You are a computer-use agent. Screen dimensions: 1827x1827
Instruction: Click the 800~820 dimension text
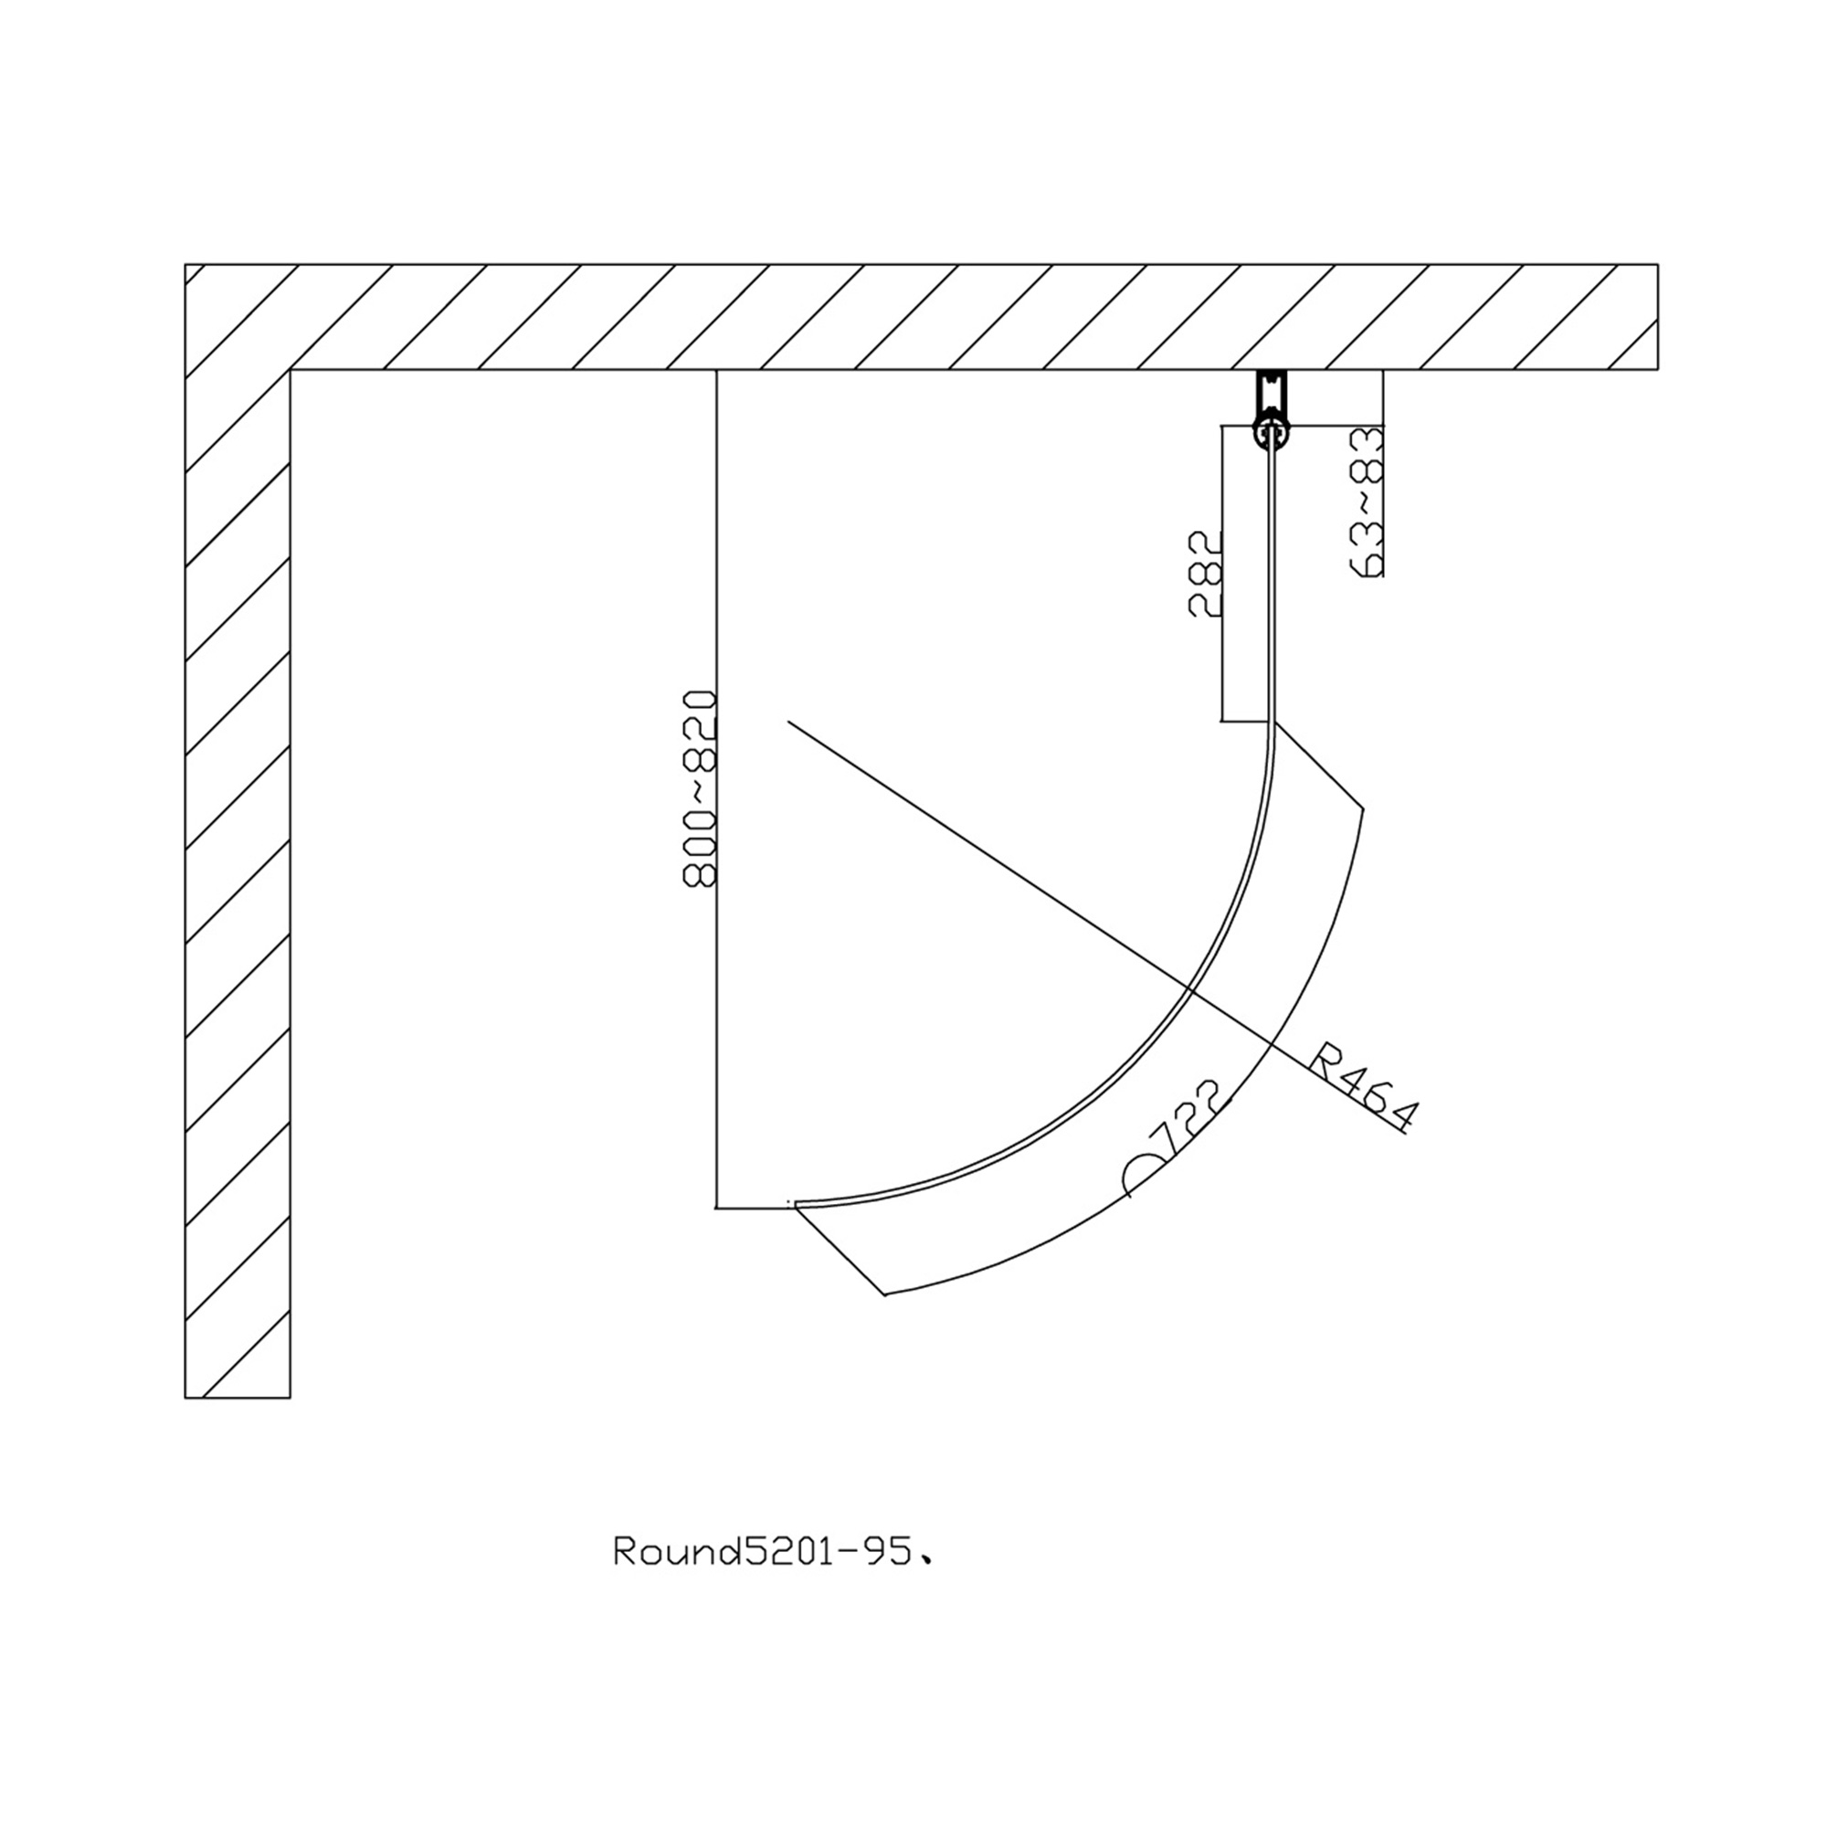pos(700,788)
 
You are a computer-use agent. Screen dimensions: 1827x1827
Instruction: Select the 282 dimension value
pos(1206,573)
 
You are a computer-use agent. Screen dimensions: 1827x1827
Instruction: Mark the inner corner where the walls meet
pos(290,370)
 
